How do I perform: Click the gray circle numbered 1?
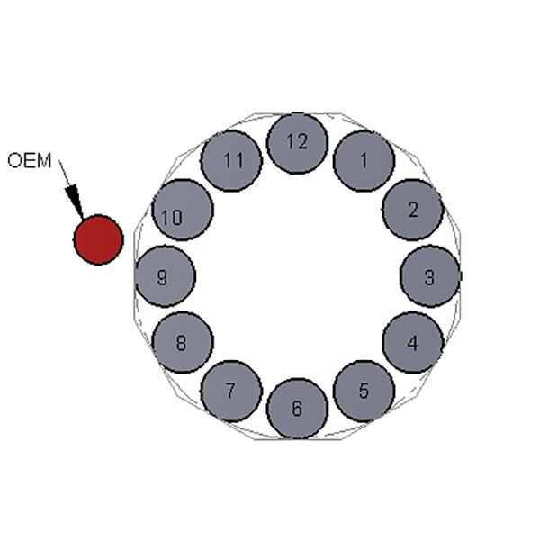[x=364, y=161]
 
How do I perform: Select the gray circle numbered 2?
[x=412, y=210]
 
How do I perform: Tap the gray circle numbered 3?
[x=429, y=276]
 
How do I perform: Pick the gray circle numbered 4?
[x=412, y=342]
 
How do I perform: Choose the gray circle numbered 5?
[x=364, y=391]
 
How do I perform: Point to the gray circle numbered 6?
[x=297, y=409]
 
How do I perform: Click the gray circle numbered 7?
[x=230, y=391]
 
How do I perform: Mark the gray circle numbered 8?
[x=182, y=342]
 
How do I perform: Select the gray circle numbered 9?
[x=165, y=276]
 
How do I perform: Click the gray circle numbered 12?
[x=297, y=143]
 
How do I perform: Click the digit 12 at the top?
[x=297, y=141]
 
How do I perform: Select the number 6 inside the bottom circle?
[x=297, y=409]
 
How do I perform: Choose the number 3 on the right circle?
[x=429, y=277]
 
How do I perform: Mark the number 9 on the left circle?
[x=162, y=277]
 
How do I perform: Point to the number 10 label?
[x=172, y=217]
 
